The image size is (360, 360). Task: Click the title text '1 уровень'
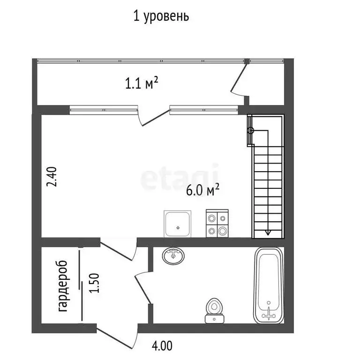tap(161, 16)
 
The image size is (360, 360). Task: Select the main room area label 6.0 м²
tap(203, 190)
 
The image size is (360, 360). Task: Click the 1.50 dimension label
tap(95, 283)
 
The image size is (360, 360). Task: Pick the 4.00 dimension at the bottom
tap(161, 346)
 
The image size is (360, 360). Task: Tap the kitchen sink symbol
tap(178, 224)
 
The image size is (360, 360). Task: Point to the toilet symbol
tap(215, 310)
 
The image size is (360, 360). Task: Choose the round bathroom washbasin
tap(174, 256)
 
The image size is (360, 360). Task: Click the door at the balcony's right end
tap(239, 81)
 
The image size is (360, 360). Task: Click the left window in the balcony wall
tap(104, 110)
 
